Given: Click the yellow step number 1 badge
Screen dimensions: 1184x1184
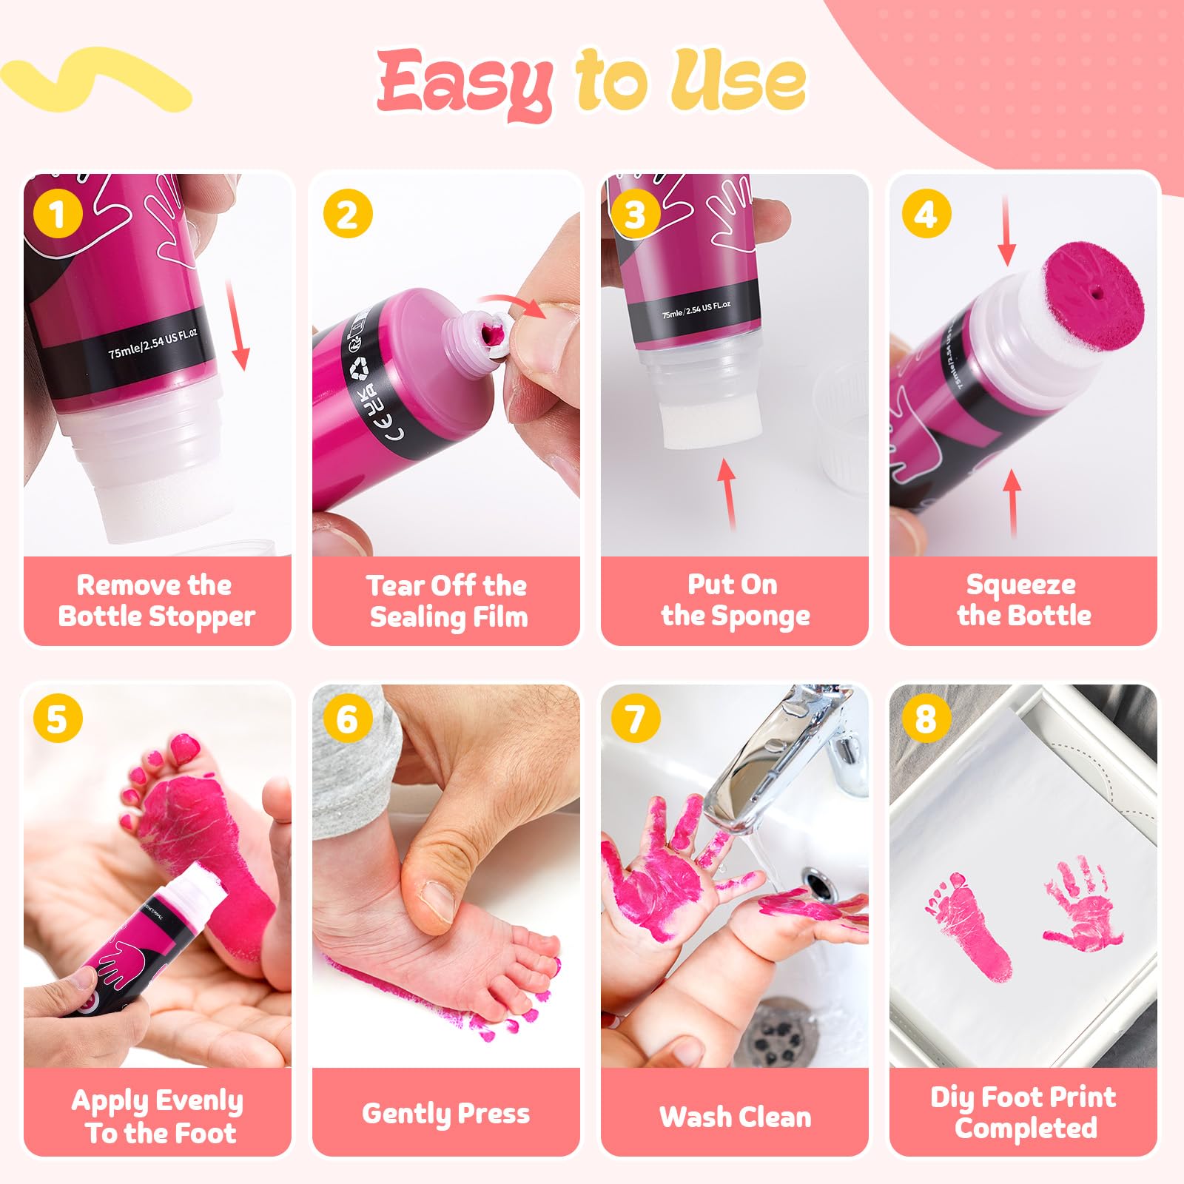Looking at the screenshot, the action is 58,214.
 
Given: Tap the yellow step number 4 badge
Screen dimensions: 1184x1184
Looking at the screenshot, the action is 926,214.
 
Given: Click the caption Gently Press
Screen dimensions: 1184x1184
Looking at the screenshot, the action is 446,1114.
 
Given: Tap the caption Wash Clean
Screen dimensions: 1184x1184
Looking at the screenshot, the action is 735,1116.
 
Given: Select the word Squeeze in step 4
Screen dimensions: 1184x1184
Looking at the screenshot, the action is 1021,585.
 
